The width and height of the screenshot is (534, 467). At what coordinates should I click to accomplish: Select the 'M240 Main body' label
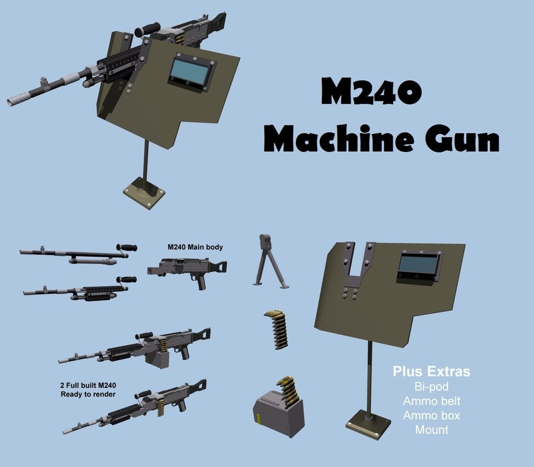tap(195, 247)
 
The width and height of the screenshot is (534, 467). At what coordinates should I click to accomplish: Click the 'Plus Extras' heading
tap(431, 371)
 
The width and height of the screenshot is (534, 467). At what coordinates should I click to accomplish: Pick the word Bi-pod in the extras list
tap(431, 386)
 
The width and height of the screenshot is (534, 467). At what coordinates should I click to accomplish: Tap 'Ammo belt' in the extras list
tap(431, 401)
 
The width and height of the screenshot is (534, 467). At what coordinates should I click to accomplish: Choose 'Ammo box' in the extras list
tap(431, 415)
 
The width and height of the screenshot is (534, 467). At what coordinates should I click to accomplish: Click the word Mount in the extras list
tap(431, 429)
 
